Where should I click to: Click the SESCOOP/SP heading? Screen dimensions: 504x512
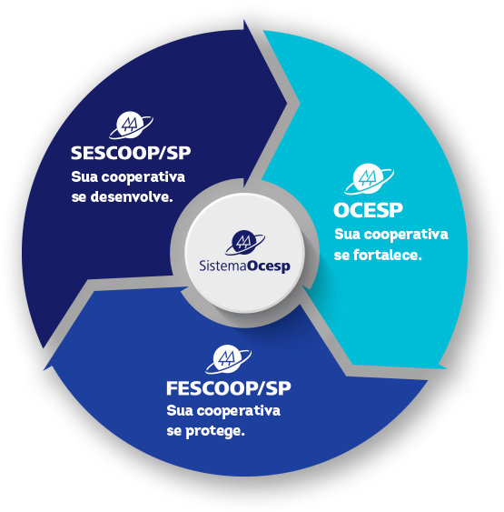tap(131, 153)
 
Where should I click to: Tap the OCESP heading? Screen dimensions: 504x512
tap(368, 210)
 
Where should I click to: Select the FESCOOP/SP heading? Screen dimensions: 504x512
tap(229, 388)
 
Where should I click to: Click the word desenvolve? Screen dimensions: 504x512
tap(132, 196)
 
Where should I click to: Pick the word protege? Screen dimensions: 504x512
tap(215, 431)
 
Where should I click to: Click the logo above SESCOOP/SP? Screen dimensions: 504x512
tap(131, 125)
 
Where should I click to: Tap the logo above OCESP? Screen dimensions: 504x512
tap(369, 178)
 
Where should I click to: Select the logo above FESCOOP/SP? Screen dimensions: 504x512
tap(228, 359)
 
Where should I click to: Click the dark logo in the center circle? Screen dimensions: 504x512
tap(245, 243)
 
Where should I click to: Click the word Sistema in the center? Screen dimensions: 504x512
tap(222, 266)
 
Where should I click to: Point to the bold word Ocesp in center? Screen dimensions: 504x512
tap(268, 266)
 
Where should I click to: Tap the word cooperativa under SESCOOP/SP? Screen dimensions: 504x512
tap(143, 177)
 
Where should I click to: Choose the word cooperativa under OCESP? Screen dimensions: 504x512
tap(406, 235)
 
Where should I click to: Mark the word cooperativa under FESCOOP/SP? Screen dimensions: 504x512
tap(238, 411)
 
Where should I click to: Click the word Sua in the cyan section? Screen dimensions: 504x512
tap(348, 235)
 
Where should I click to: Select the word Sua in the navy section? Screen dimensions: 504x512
tap(84, 177)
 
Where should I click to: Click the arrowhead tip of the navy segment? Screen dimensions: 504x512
tap(287, 104)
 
